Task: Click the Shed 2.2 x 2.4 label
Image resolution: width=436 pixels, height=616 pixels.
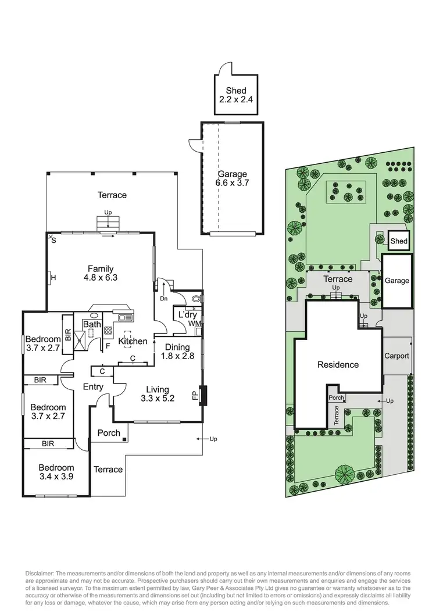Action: [233, 95]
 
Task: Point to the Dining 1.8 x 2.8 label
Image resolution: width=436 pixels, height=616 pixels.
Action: [177, 352]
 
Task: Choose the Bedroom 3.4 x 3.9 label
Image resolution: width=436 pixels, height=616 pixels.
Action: [56, 472]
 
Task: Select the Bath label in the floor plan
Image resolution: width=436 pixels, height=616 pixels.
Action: [92, 324]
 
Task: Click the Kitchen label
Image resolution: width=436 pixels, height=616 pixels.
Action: [133, 341]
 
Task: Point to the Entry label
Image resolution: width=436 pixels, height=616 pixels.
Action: [93, 386]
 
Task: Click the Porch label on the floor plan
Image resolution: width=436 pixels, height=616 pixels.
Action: [109, 432]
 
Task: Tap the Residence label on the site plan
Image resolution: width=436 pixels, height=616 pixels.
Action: [338, 365]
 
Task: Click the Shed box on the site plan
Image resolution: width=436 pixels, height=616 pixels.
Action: [399, 241]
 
